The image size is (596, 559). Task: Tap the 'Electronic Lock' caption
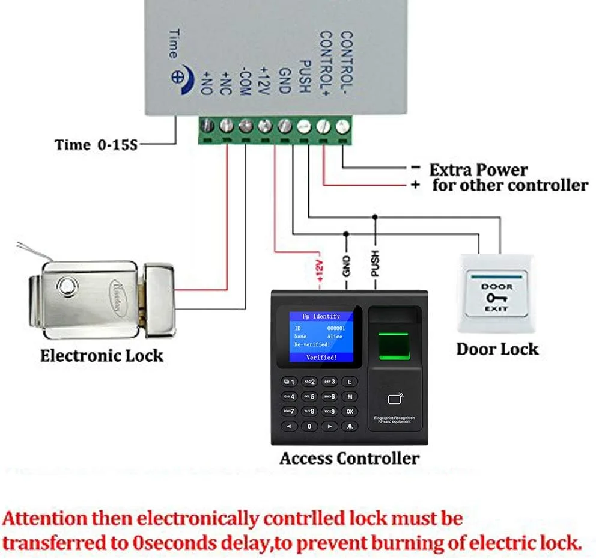102,355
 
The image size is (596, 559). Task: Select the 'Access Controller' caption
349,459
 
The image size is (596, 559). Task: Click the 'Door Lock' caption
497,349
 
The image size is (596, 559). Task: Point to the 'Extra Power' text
478,170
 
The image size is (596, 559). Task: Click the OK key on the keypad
349,411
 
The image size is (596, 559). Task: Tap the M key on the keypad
349,397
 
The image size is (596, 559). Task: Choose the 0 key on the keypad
309,426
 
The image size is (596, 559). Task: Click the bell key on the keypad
349,426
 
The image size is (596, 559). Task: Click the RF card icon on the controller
395,398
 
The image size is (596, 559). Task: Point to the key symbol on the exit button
496,298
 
